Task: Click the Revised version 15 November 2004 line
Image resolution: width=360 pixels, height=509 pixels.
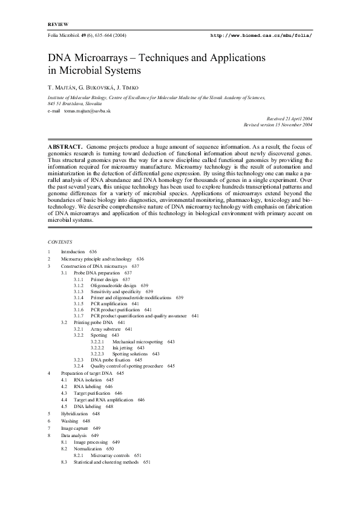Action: tap(278, 124)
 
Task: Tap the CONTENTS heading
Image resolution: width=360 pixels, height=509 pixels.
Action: tap(59, 241)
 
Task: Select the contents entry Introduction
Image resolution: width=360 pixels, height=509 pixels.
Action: tap(73, 251)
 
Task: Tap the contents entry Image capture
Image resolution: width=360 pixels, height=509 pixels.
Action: tap(76, 428)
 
